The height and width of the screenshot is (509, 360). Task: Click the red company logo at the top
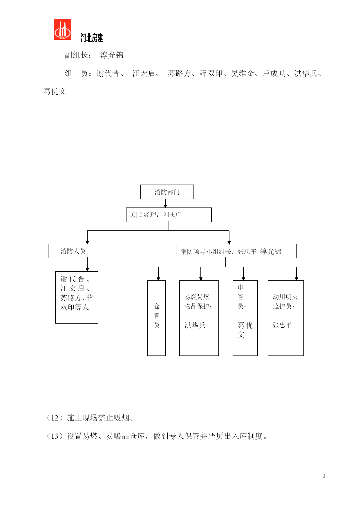[62, 29]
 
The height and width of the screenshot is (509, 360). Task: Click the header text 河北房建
[92, 38]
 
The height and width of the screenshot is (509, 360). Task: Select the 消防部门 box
[167, 192]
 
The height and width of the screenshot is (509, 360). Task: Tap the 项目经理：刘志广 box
[169, 215]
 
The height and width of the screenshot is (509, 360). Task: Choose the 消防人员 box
[73, 251]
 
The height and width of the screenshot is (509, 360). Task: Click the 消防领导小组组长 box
[236, 251]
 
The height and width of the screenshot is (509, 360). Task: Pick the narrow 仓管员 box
[156, 318]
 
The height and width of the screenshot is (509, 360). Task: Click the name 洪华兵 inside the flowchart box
[195, 325]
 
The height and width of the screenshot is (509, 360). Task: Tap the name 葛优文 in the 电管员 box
[245, 330]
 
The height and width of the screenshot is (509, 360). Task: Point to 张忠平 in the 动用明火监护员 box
[282, 325]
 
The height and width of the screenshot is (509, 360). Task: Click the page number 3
[324, 476]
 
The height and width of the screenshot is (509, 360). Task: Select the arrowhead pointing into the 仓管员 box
[158, 279]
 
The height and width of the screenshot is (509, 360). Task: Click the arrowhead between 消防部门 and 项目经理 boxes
[165, 206]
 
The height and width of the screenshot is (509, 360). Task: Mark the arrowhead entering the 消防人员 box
[87, 242]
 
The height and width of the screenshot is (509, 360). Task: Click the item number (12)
[55, 418]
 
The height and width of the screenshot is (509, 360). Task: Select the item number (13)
[55, 436]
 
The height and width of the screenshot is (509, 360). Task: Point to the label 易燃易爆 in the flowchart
[197, 297]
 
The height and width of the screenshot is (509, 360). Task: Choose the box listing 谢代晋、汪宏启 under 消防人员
[77, 297]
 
